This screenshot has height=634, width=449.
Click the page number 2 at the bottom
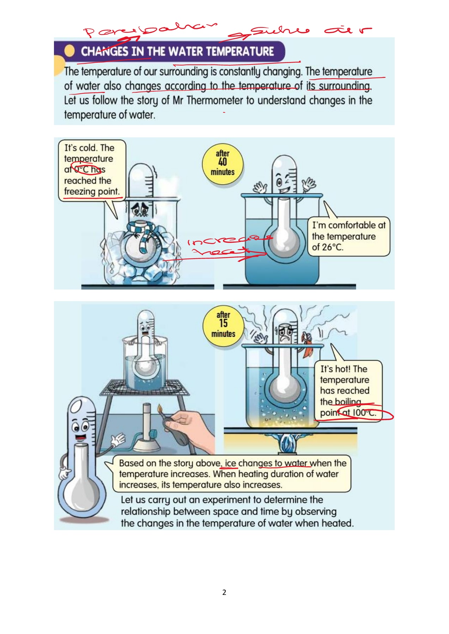click(x=224, y=592)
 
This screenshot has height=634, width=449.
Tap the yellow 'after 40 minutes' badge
click(x=223, y=163)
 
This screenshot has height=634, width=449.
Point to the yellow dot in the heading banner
click(x=69, y=51)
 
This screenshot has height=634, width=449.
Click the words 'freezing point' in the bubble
click(x=92, y=192)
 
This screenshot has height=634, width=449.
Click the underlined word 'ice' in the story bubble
click(x=230, y=463)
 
